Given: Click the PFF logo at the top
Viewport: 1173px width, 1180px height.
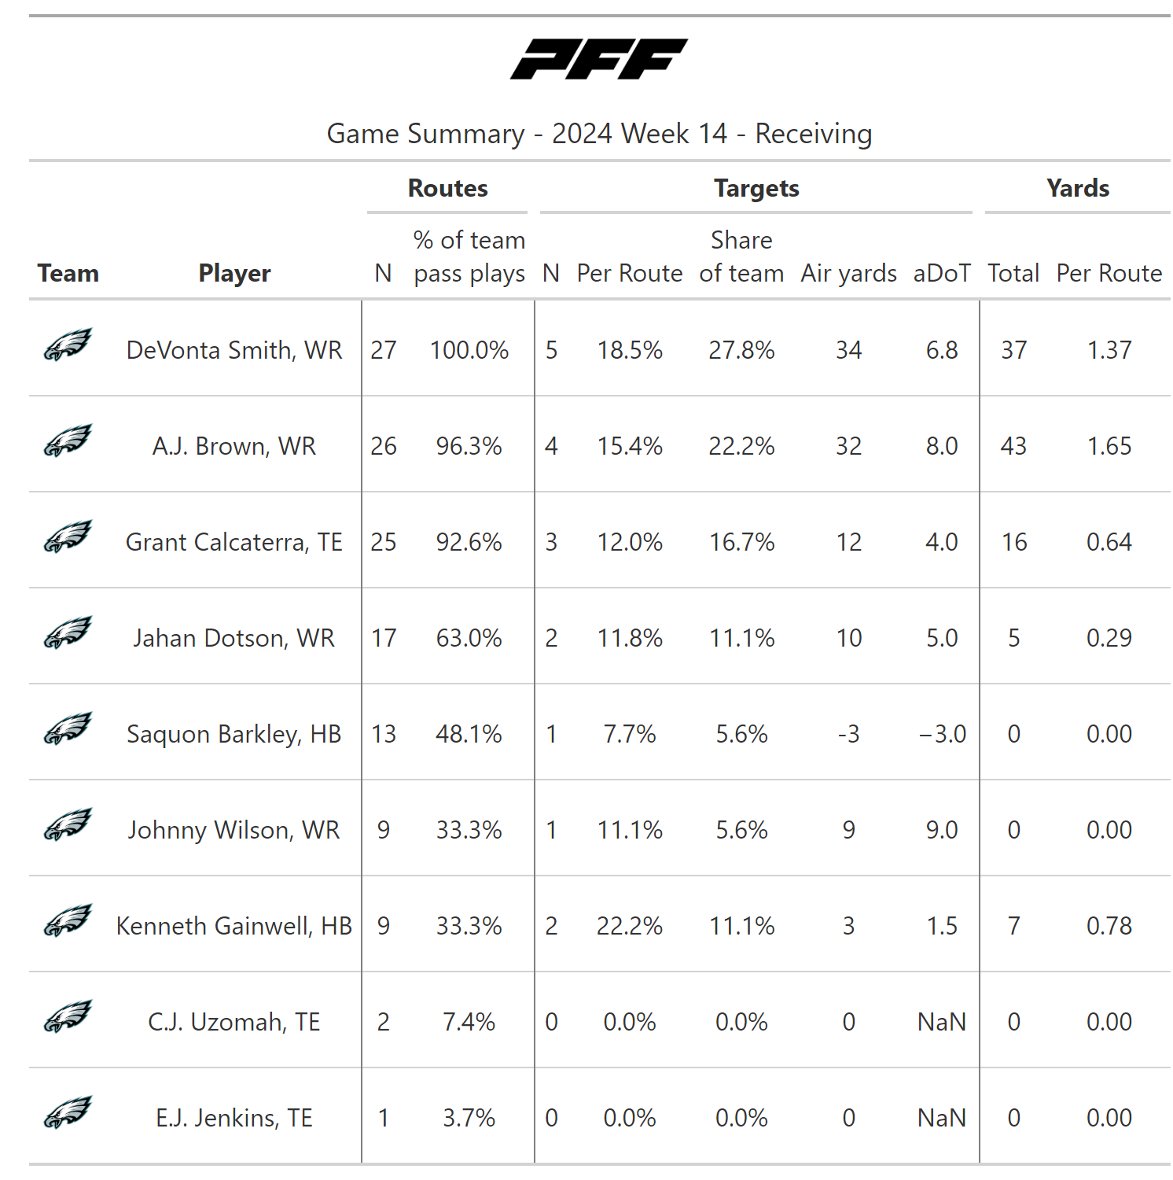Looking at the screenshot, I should pos(599,59).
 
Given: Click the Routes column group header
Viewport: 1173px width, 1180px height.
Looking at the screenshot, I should pos(447,189).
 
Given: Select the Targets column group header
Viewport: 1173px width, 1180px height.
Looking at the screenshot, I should pos(756,189).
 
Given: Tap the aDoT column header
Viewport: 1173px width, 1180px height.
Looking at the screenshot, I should pos(941,273).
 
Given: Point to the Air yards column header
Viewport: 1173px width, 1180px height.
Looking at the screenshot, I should pos(848,273).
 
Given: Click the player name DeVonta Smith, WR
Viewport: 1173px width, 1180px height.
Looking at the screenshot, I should pos(234,350).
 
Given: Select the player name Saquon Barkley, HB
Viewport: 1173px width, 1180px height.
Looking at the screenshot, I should pos(234,734).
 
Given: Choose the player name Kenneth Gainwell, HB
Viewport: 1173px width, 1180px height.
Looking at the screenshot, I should pos(234,926).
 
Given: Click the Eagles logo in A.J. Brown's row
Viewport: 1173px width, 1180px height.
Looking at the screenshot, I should pos(68,441).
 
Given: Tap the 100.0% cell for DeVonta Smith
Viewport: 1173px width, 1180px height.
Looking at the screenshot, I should pos(469,350).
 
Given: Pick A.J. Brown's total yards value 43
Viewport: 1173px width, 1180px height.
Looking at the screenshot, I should pos(1013,446).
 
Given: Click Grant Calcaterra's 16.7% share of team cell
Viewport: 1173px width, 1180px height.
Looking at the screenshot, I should pos(741,542).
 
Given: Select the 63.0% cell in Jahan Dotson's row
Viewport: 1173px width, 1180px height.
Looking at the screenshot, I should pos(469,638).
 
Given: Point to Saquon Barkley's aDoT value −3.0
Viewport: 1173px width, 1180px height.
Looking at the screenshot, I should pos(942,734).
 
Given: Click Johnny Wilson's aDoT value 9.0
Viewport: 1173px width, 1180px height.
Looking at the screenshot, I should pos(942,830).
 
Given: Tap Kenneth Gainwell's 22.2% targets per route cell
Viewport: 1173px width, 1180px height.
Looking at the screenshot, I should pos(630,926).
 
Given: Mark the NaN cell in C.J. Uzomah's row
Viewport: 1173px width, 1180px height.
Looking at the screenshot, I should pos(942,1022).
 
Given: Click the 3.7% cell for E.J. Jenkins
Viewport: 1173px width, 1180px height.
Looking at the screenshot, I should pos(469,1118).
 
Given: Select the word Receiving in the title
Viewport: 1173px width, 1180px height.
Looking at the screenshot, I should pos(814,134).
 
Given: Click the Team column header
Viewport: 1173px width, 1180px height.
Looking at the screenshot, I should pos(68,273).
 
